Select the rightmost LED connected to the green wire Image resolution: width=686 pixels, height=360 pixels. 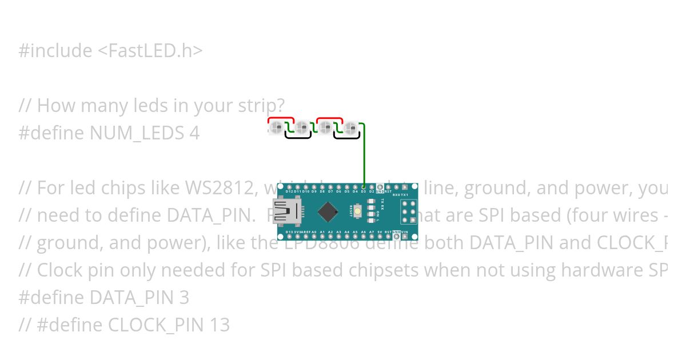pos(352,128)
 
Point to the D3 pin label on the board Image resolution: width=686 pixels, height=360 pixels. pos(363,191)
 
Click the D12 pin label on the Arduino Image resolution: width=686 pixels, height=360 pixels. pos(289,191)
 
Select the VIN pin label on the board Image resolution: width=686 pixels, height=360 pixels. pos(405,232)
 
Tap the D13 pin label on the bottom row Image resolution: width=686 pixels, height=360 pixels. pos(289,232)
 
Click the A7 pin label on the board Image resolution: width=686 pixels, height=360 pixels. pos(372,232)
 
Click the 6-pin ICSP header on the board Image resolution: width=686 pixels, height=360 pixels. pos(408,211)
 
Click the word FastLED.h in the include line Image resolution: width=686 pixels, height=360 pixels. pos(150,51)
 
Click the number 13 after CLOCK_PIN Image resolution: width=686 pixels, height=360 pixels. pos(220,325)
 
